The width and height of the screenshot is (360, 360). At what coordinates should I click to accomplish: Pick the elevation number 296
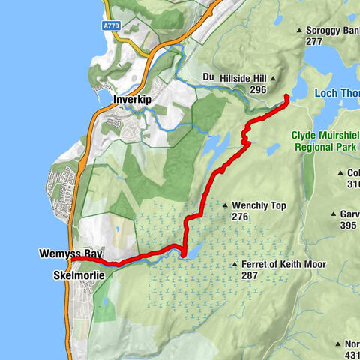point(259,89)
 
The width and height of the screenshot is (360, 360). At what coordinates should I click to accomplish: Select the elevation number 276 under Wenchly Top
point(240,217)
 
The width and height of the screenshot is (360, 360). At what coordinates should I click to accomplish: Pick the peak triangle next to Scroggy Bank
point(299,31)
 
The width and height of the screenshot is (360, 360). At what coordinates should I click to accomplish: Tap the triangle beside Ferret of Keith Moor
point(235,265)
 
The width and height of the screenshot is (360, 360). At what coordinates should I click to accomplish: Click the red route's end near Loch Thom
point(289,96)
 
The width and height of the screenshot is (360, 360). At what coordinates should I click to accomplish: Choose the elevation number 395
point(347,226)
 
